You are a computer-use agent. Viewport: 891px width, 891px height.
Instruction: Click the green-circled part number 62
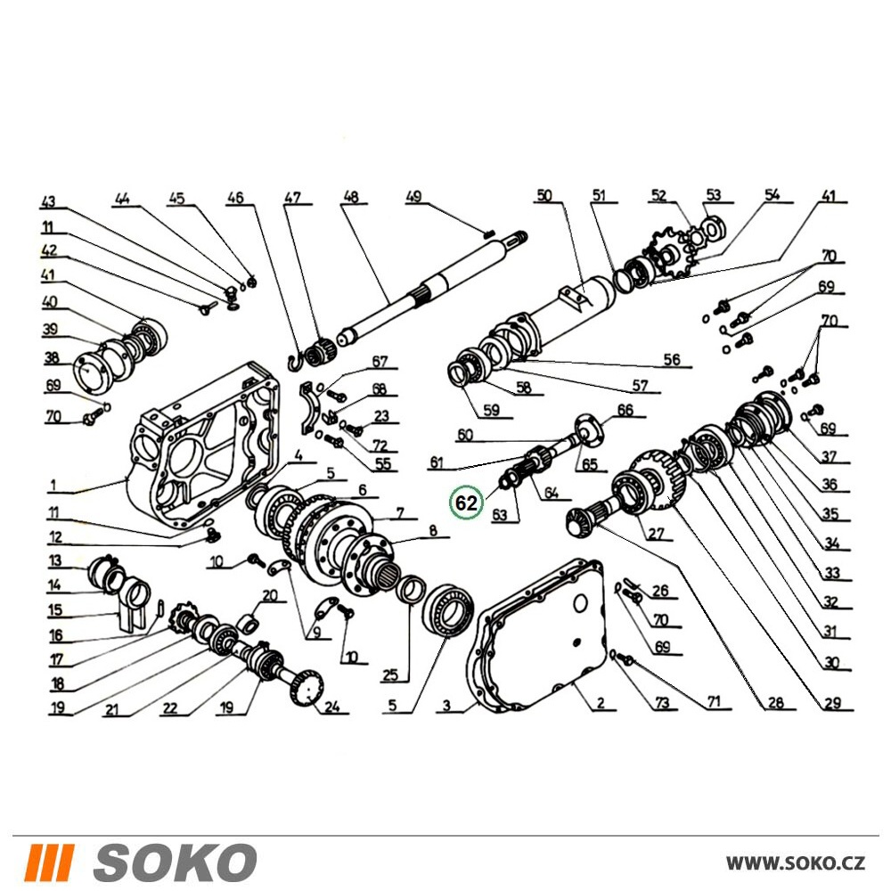(x=466, y=503)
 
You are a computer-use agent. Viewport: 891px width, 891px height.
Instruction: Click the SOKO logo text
(x=175, y=862)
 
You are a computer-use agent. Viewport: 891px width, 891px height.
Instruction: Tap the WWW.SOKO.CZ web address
(x=796, y=863)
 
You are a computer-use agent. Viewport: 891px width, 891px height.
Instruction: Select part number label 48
(x=351, y=197)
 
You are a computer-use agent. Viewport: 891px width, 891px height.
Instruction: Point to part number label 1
(x=53, y=486)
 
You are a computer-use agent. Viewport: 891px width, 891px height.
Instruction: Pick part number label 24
(x=331, y=707)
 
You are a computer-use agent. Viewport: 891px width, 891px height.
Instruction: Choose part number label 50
(x=544, y=195)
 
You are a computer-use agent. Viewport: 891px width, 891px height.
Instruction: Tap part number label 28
(x=776, y=703)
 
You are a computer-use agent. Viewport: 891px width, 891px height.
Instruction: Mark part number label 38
(x=52, y=358)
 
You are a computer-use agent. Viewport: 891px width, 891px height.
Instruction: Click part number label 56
(x=672, y=359)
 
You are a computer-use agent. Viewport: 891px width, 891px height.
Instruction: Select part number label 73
(x=663, y=703)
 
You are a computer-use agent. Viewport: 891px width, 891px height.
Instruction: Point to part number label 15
(x=55, y=610)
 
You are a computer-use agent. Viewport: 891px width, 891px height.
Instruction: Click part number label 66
(x=625, y=410)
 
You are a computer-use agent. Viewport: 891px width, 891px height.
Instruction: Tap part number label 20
(x=270, y=595)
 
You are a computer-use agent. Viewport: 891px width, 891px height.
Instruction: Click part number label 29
(x=832, y=703)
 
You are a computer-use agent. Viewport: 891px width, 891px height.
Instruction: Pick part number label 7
(x=400, y=513)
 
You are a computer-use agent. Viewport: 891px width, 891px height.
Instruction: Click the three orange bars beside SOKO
(x=51, y=862)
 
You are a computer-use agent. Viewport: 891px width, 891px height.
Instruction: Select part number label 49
(x=413, y=197)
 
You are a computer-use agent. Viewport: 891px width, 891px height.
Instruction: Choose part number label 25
(x=390, y=675)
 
